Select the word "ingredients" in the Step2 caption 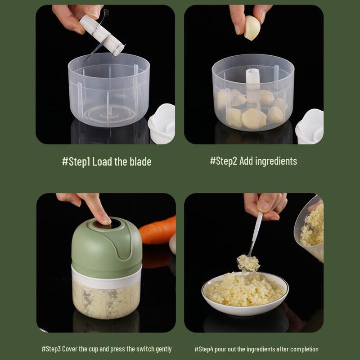[x=276, y=161]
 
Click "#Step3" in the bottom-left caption [x=51, y=349]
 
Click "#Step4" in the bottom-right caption [x=204, y=349]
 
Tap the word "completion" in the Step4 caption [x=303, y=349]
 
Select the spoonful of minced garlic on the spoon [x=248, y=262]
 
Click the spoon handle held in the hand [x=256, y=229]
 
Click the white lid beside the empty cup [x=162, y=124]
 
